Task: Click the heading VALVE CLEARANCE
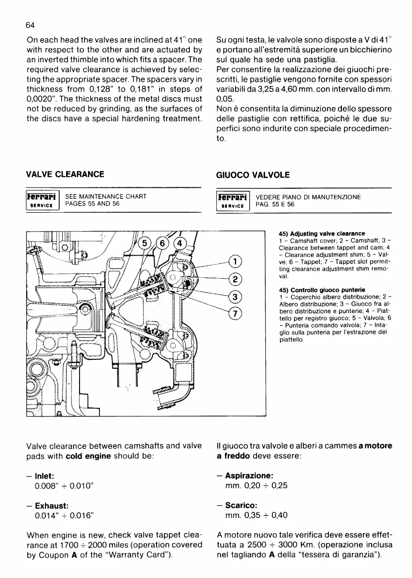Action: [65, 174]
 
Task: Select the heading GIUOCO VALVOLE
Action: [253, 175]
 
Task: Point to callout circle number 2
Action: [235, 280]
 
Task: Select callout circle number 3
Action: [235, 297]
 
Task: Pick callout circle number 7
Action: [235, 314]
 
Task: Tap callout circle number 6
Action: [163, 243]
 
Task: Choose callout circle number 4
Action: [180, 243]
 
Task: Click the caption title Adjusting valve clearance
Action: [322, 234]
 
